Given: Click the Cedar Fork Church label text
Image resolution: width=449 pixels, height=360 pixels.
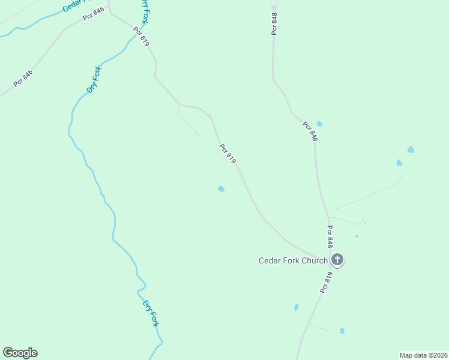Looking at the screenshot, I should coord(293,260).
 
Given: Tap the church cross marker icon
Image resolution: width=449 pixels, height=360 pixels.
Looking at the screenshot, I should coord(337,260).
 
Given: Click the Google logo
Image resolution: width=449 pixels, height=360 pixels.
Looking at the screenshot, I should coord(20,353).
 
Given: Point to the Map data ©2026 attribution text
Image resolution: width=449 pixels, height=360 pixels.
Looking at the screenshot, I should coord(423,355).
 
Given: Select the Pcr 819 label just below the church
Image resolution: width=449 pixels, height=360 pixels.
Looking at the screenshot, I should coord(326,282).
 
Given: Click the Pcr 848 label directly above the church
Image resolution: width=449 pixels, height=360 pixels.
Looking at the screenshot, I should coord(330,236).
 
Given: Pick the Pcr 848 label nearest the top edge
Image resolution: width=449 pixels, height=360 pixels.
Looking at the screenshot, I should coord(274,23).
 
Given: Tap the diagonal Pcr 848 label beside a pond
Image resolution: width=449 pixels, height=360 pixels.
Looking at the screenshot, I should coord(310,131).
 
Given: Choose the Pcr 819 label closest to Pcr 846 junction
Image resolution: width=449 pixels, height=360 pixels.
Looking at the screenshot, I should coord(141,37).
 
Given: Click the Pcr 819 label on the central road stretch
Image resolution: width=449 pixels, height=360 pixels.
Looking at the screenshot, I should coord(228,154).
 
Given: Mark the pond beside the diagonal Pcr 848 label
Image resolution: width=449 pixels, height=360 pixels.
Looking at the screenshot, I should coord(319,124).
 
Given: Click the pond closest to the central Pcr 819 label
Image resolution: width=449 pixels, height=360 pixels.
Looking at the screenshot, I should coord(221,189).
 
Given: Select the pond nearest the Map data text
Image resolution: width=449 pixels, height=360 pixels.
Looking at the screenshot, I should coord(342,331).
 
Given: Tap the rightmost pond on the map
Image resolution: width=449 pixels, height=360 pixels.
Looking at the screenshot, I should coord(411,149).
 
